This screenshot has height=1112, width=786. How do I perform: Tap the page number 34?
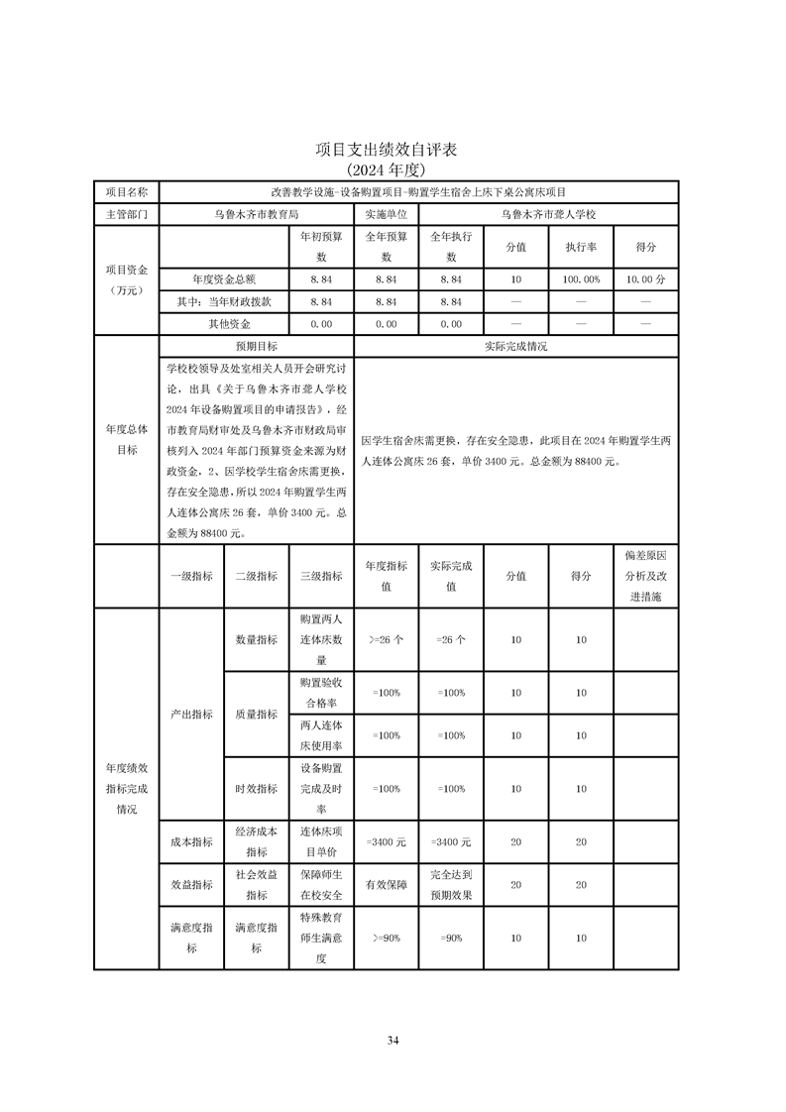(x=393, y=1040)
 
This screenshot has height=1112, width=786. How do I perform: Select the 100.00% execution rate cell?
(x=581, y=280)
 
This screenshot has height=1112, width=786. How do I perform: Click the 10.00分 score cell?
(x=645, y=280)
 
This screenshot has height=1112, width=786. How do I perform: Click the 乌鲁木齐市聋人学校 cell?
(x=548, y=214)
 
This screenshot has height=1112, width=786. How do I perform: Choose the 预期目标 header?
(x=256, y=347)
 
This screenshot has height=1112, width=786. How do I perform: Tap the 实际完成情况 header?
(x=515, y=347)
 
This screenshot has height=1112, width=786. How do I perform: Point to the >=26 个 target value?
(x=386, y=640)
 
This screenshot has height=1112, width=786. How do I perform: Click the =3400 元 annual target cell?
(x=386, y=841)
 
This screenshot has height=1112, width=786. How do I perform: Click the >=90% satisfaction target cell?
(x=386, y=938)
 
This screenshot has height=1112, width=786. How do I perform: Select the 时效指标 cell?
(x=256, y=789)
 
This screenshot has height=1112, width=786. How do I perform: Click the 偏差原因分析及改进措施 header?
(x=645, y=576)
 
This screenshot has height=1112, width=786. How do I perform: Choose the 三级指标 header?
(x=321, y=576)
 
